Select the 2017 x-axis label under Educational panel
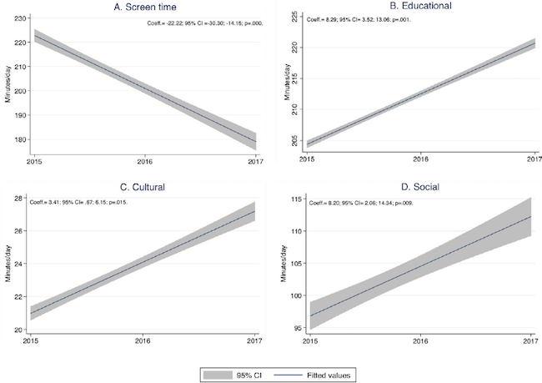click(529, 159)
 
